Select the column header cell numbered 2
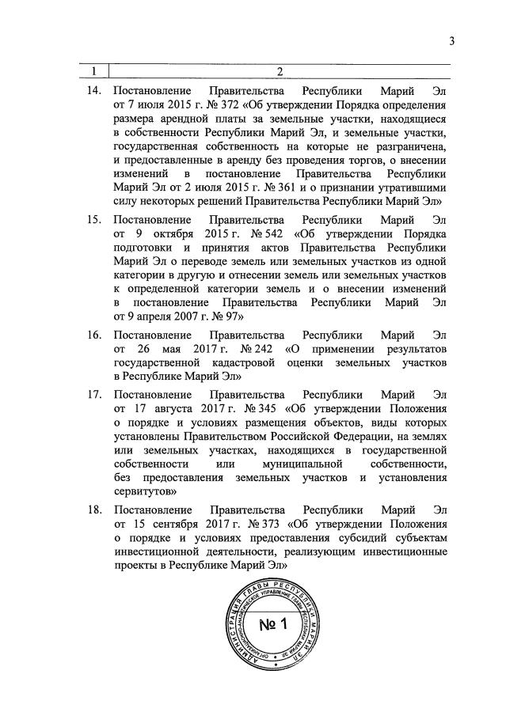pos(280,73)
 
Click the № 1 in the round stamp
pos(273,625)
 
